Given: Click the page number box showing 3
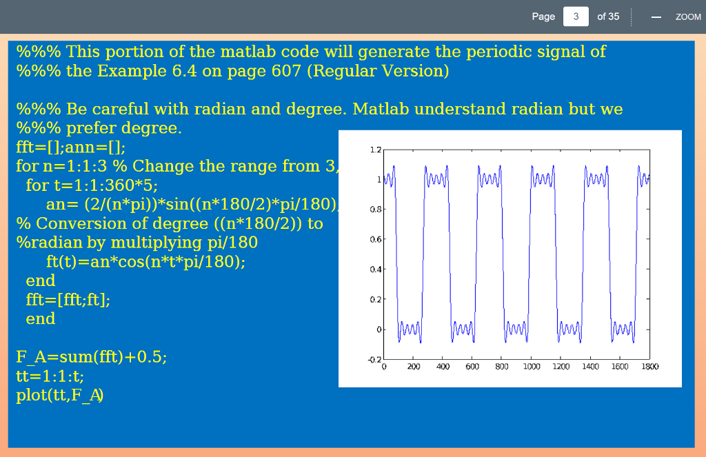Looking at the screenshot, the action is pos(576,17).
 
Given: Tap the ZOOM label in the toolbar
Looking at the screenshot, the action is pos(688,17).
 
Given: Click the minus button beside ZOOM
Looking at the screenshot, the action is pos(656,17).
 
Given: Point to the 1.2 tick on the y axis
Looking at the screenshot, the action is pos(376,150).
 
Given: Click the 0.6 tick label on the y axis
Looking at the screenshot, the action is pos(376,239).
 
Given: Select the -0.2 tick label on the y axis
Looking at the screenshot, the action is pos(374,359).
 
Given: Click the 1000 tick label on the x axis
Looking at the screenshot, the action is pos(532,367).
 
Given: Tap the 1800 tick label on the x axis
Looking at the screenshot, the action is pos(649,367).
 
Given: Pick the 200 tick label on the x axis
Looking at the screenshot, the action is pos(414,367).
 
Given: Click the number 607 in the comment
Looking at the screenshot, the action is pos(286,71).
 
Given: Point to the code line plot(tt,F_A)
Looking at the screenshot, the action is pos(60,396).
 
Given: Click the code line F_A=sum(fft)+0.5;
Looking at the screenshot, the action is pos(92,357).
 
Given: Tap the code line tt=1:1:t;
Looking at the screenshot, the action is pos(50,376).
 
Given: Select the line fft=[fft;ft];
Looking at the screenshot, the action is pos(68,300).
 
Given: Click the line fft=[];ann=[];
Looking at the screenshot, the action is pos(71,148).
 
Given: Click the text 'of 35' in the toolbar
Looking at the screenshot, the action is pos(608,17).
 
